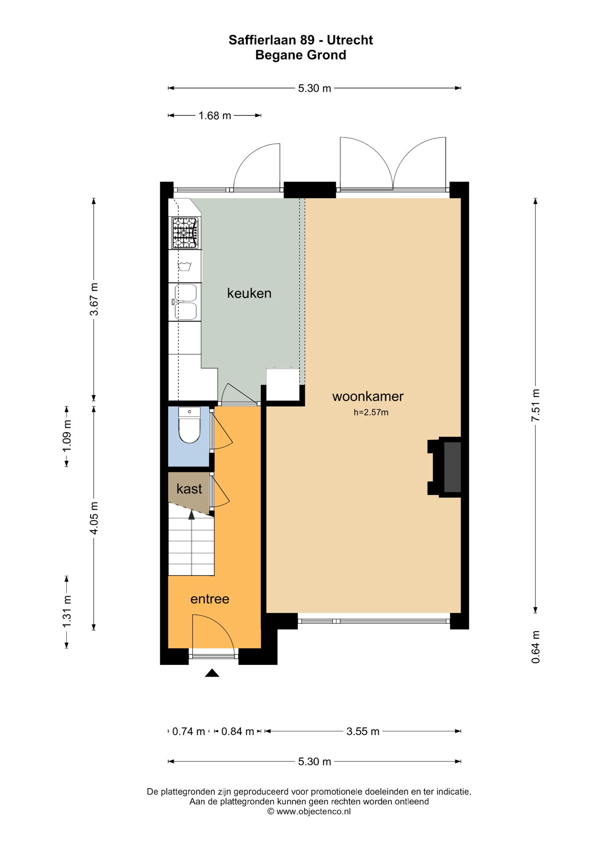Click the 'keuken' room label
click(249, 293)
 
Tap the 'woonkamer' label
click(368, 396)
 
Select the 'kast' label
click(189, 489)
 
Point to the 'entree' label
click(210, 599)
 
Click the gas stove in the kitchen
click(185, 233)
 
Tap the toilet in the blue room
click(189, 425)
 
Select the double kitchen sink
click(185, 302)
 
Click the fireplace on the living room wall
click(445, 467)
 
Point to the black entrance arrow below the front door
click(212, 673)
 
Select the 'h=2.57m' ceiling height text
click(371, 413)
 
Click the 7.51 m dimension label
click(536, 405)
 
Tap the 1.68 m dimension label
click(215, 116)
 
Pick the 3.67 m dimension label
click(94, 299)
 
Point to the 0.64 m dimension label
click(536, 647)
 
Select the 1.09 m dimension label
click(66, 436)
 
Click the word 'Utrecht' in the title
click(350, 40)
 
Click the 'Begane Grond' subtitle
click(301, 55)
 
